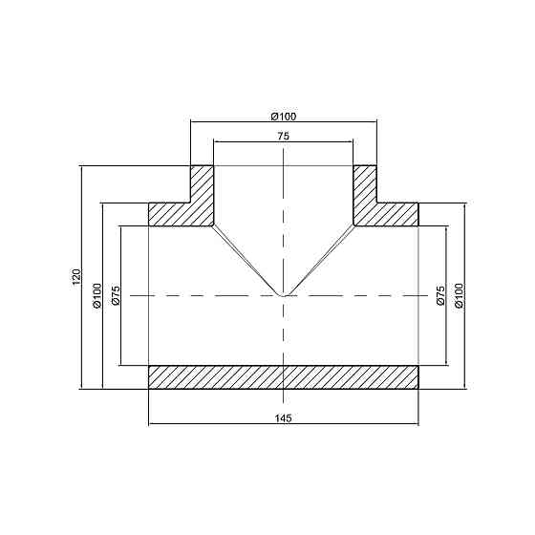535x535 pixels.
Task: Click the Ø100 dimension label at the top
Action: (x=284, y=116)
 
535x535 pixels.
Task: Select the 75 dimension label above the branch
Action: (x=283, y=137)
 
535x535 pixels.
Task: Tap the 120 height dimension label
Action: (x=75, y=277)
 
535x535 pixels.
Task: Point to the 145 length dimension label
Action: (x=283, y=418)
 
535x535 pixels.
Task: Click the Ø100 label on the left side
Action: (x=96, y=295)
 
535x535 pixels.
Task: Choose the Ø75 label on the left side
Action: (x=116, y=295)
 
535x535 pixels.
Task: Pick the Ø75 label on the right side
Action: (x=440, y=295)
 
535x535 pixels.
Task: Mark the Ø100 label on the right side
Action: (x=460, y=295)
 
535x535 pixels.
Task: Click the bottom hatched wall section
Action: (x=283, y=377)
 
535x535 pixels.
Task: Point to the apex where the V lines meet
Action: (x=284, y=295)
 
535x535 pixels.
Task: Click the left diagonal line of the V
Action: (x=248, y=261)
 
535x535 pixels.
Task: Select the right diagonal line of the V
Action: (x=319, y=261)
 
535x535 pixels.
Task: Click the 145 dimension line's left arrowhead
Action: (x=153, y=424)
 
